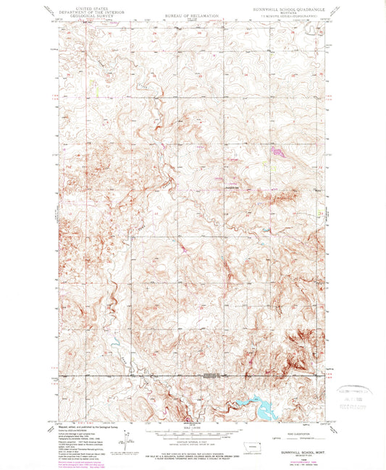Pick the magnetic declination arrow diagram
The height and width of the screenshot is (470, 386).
coord(127,440)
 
